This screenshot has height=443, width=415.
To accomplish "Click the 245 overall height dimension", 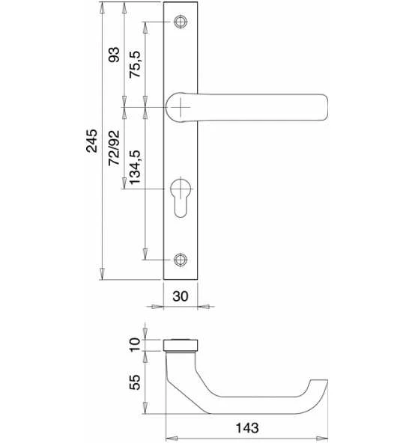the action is coord(92,141).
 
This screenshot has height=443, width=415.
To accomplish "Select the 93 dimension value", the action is coord(115,55).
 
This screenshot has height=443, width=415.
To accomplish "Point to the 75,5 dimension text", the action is coord(135,64).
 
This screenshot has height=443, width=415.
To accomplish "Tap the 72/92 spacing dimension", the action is coord(115,147).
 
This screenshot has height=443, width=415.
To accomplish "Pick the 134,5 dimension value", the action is coord(135,168).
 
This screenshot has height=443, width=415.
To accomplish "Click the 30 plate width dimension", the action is coord(181,296).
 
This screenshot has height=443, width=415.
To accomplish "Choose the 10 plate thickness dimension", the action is coord(135,344).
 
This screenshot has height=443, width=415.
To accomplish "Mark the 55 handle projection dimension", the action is coord(135,382).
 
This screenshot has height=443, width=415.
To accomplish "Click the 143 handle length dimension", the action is coord(247,428).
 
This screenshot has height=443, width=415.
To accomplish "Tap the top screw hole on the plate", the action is coord(181,22).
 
